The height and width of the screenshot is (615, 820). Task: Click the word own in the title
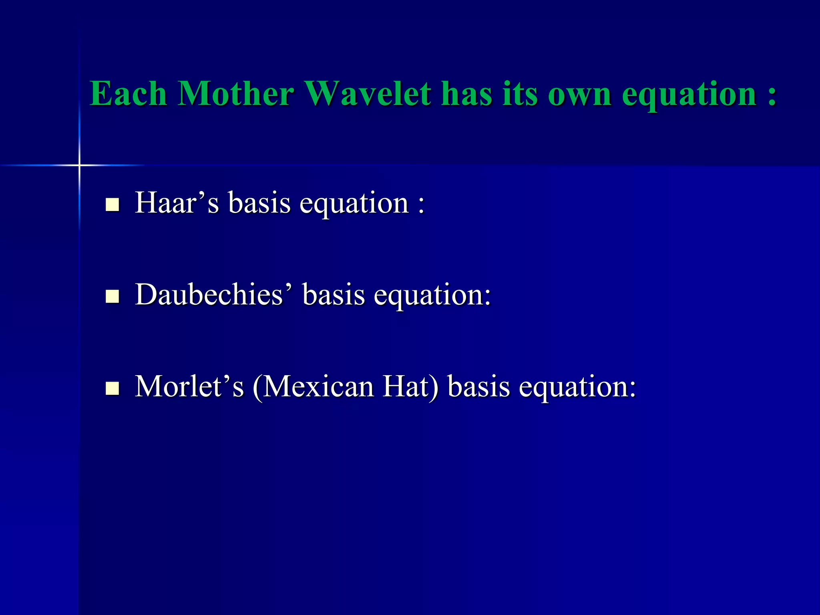tap(579, 94)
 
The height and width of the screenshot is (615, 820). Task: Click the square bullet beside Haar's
tap(113, 205)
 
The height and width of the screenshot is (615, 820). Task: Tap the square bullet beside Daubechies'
tap(113, 296)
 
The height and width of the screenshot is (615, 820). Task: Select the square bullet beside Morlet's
tap(113, 388)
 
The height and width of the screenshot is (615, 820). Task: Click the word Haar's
tap(177, 203)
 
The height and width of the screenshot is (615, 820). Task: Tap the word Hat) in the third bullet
tap(410, 386)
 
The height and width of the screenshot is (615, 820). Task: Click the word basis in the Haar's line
tap(259, 203)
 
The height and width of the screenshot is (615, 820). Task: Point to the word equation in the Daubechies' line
tap(432, 295)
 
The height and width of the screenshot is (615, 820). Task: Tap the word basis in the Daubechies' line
tap(334, 295)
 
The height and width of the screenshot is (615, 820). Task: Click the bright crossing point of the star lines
tap(79, 165)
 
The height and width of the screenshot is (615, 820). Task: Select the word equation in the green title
tap(689, 95)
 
